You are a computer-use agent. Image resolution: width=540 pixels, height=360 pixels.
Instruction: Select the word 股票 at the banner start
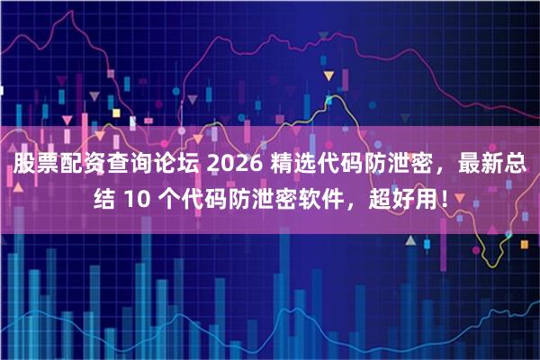tap(34, 165)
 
